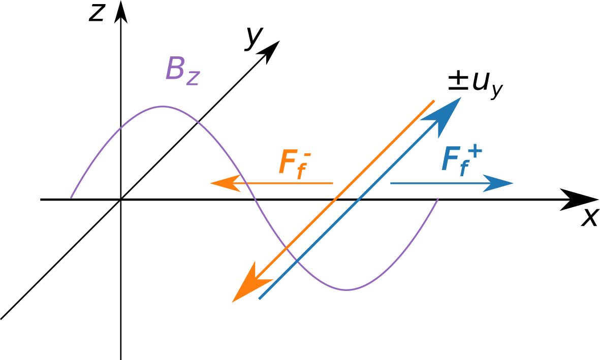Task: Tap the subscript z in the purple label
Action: (x=193, y=77)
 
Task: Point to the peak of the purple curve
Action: (x=163, y=107)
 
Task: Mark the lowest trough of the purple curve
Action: (x=346, y=290)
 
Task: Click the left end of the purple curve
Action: (x=71, y=198)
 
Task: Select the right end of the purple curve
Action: (x=438, y=199)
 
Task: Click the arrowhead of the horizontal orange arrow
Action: (x=224, y=183)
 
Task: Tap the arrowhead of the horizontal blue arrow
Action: (x=500, y=183)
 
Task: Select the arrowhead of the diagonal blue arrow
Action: (x=446, y=112)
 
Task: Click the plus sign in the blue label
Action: (x=475, y=151)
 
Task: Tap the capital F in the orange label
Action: (x=288, y=162)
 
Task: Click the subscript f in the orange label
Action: (x=300, y=171)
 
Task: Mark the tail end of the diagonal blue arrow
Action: (x=260, y=299)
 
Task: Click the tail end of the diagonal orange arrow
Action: (x=434, y=101)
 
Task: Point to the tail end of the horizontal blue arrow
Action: (x=391, y=183)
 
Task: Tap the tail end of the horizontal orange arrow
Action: (x=333, y=183)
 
